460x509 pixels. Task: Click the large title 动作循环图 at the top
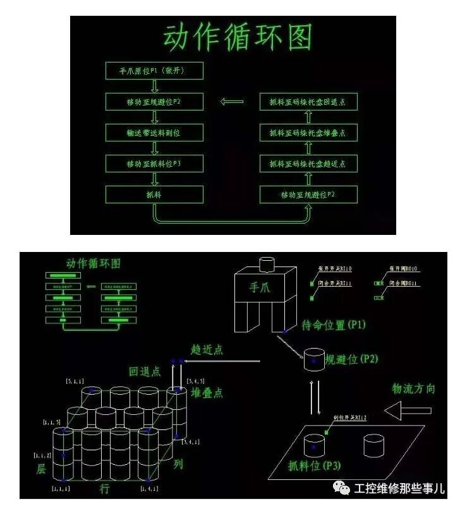click(238, 39)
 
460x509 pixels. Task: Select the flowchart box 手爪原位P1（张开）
click(154, 71)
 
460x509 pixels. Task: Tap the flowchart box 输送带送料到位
click(154, 133)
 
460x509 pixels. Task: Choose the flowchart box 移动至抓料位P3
click(154, 164)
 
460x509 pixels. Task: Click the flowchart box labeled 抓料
click(154, 195)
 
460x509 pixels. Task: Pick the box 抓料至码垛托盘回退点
click(308, 102)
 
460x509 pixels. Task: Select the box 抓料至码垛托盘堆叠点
click(308, 133)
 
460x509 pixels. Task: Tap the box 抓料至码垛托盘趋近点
click(308, 164)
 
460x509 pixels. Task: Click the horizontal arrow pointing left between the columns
click(231, 101)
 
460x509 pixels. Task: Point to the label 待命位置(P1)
click(334, 325)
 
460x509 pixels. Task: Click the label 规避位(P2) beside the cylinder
click(350, 359)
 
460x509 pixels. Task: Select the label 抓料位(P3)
click(314, 466)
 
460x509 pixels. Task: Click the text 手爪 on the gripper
click(259, 288)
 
